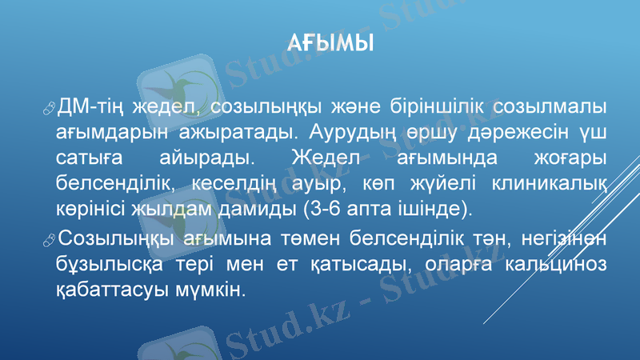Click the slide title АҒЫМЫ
click(x=329, y=41)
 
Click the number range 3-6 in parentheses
click(x=323, y=210)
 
